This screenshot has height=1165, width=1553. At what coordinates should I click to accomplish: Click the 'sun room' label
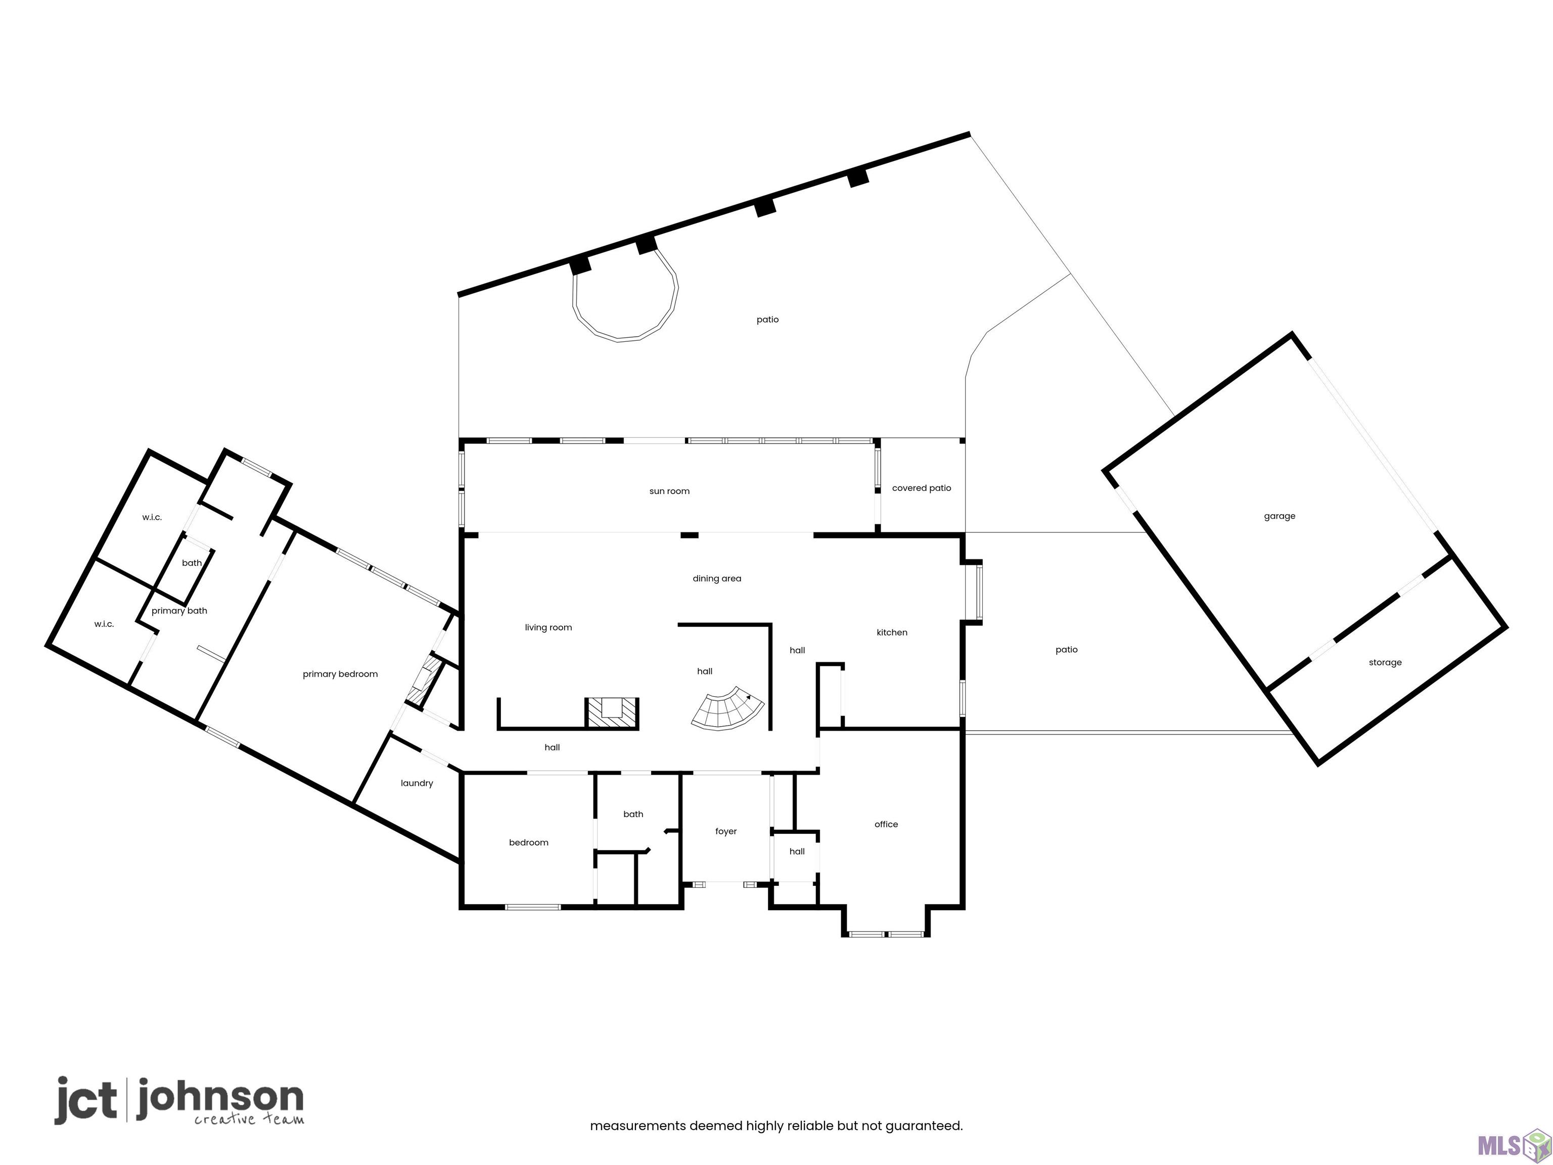[669, 491]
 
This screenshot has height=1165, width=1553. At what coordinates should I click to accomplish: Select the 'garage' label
[1279, 517]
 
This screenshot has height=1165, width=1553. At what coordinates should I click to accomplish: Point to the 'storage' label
[1385, 663]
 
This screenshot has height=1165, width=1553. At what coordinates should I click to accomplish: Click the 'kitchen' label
[892, 633]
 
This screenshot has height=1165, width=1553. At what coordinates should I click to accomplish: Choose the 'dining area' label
[717, 578]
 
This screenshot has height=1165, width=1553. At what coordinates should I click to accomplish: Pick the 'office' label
[886, 824]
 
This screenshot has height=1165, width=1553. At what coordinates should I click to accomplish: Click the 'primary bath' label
[179, 611]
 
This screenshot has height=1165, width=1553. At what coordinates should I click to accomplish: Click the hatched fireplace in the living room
[612, 713]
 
